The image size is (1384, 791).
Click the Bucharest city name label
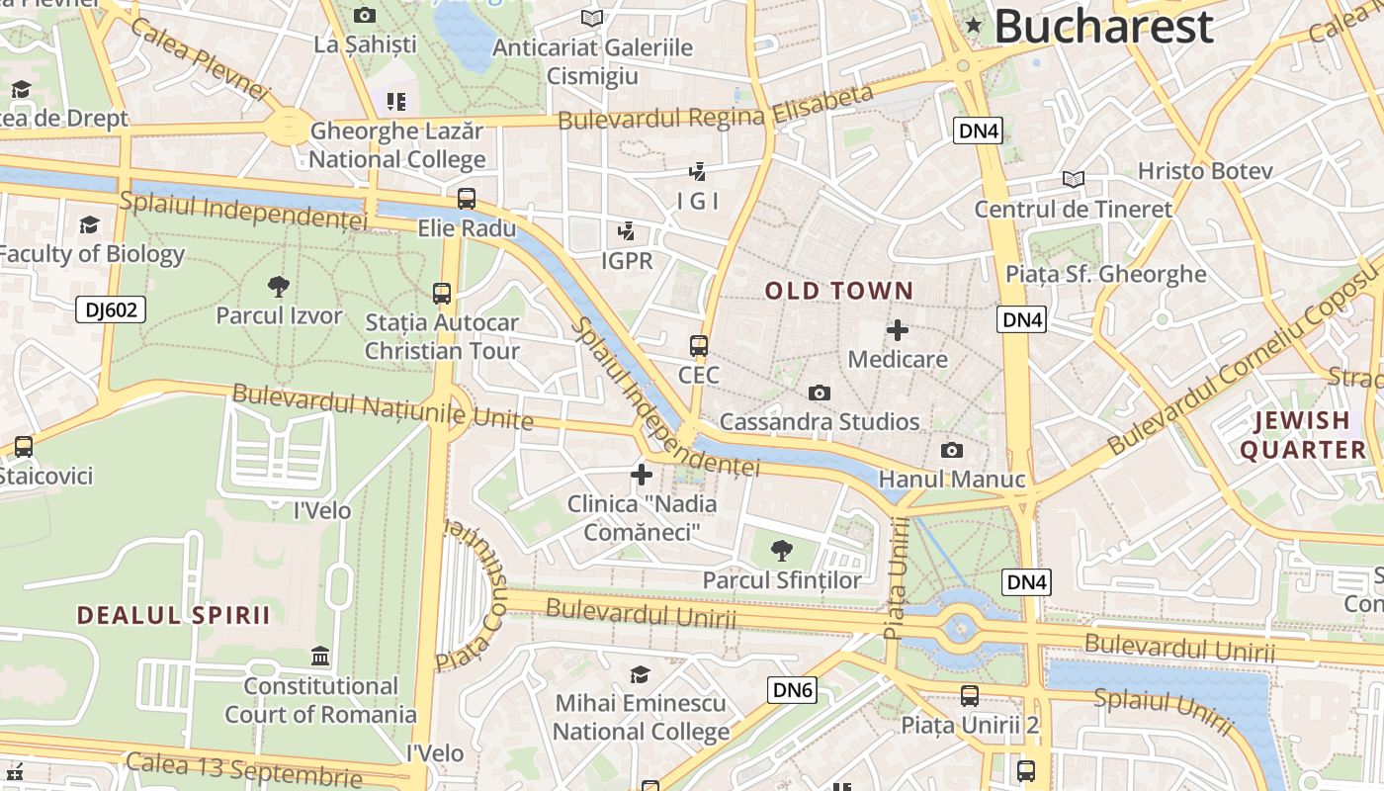[1103, 26]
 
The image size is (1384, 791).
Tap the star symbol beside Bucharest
[974, 26]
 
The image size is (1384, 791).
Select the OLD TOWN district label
[839, 291]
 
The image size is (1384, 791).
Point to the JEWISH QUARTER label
[1302, 435]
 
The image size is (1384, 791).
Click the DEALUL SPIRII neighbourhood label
[174, 615]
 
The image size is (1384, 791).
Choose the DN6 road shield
[793, 690]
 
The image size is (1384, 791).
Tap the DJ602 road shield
[111, 310]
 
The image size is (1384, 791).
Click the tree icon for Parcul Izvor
[279, 287]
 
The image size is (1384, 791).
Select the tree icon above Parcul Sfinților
[782, 550]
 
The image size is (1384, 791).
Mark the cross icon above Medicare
[898, 330]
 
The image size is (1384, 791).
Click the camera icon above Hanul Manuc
[952, 451]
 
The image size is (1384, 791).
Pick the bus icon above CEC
[699, 346]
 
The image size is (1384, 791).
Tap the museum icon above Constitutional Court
[320, 657]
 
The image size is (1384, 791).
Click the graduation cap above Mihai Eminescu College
[641, 674]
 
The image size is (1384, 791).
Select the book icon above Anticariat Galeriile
[592, 18]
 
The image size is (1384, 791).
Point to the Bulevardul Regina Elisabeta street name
[716, 108]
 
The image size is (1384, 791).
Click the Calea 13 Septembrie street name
[243, 770]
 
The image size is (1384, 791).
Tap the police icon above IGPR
[626, 232]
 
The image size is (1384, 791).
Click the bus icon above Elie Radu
[467, 199]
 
